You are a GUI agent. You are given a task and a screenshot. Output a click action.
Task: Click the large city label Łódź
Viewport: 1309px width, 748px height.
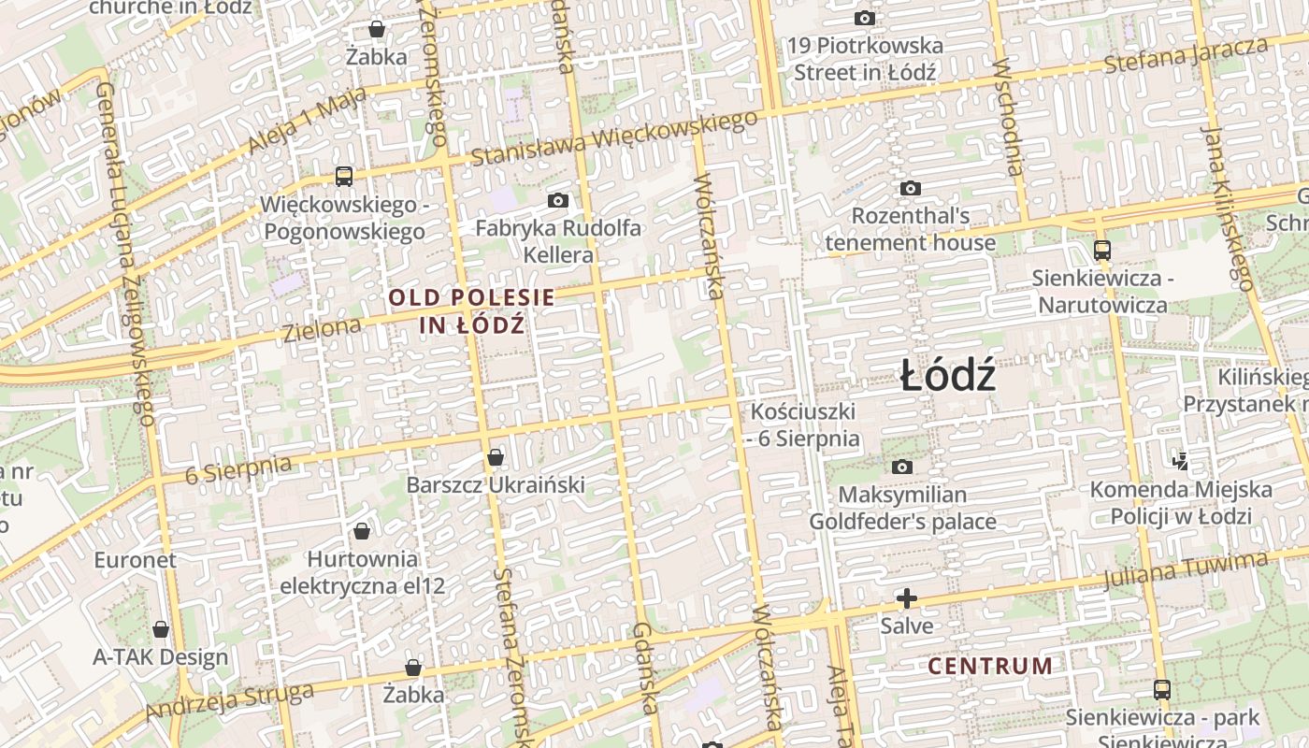[947, 377]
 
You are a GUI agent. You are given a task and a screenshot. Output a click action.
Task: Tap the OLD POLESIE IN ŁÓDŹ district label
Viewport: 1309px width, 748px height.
[471, 311]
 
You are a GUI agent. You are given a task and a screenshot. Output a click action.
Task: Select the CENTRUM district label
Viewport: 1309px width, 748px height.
[990, 667]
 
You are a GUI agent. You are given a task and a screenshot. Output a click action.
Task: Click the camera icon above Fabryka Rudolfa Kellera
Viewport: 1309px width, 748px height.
[558, 200]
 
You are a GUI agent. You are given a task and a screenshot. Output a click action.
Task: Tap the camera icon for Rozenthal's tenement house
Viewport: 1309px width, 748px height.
[910, 188]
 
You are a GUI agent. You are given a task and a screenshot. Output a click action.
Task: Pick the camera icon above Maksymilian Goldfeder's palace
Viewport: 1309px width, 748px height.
[902, 467]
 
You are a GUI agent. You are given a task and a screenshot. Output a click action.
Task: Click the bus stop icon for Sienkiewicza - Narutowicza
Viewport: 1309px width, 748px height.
[1102, 250]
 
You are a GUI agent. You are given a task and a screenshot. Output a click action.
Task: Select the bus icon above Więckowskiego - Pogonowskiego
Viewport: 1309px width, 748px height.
[344, 176]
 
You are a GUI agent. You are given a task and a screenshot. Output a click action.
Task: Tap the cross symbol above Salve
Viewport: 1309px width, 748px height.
[906, 598]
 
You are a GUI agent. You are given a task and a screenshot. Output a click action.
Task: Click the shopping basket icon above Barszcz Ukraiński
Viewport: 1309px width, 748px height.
[496, 457]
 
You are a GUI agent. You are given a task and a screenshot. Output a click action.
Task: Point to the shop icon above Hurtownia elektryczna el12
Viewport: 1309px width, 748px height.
[362, 531]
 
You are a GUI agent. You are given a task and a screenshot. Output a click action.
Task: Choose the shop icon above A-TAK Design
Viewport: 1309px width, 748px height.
[161, 629]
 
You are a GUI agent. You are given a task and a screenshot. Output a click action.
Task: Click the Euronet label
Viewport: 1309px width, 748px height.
[135, 560]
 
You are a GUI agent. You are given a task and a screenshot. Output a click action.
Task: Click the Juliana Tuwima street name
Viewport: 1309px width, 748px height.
[1185, 569]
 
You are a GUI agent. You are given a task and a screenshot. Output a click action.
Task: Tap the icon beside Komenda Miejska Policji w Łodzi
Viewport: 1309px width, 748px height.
[1180, 460]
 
